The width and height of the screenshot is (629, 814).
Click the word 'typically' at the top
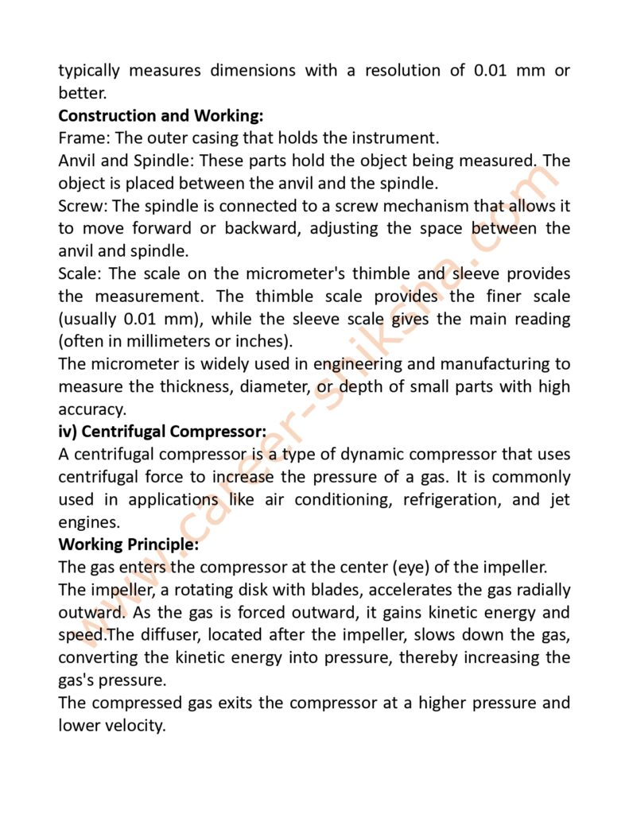(x=90, y=70)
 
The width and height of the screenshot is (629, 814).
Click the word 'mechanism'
(x=426, y=206)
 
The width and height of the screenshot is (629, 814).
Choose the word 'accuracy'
(x=90, y=410)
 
